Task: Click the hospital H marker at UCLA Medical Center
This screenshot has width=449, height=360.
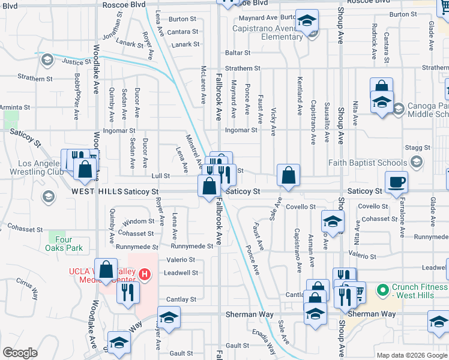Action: click(144, 275)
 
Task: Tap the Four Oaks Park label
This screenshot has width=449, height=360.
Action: click(64, 246)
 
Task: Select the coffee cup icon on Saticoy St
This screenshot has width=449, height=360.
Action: click(396, 182)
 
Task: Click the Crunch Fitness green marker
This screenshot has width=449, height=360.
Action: click(381, 291)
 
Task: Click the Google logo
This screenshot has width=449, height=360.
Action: click(20, 353)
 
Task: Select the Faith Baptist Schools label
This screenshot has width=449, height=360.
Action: click(367, 163)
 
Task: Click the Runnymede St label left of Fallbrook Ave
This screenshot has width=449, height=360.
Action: click(192, 246)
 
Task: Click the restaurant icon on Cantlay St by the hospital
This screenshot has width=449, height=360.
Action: click(128, 293)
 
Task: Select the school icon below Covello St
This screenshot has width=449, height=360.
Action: click(332, 222)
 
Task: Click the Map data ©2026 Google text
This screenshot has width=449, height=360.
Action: click(412, 355)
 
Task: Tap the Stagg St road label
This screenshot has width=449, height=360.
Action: click(418, 147)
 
